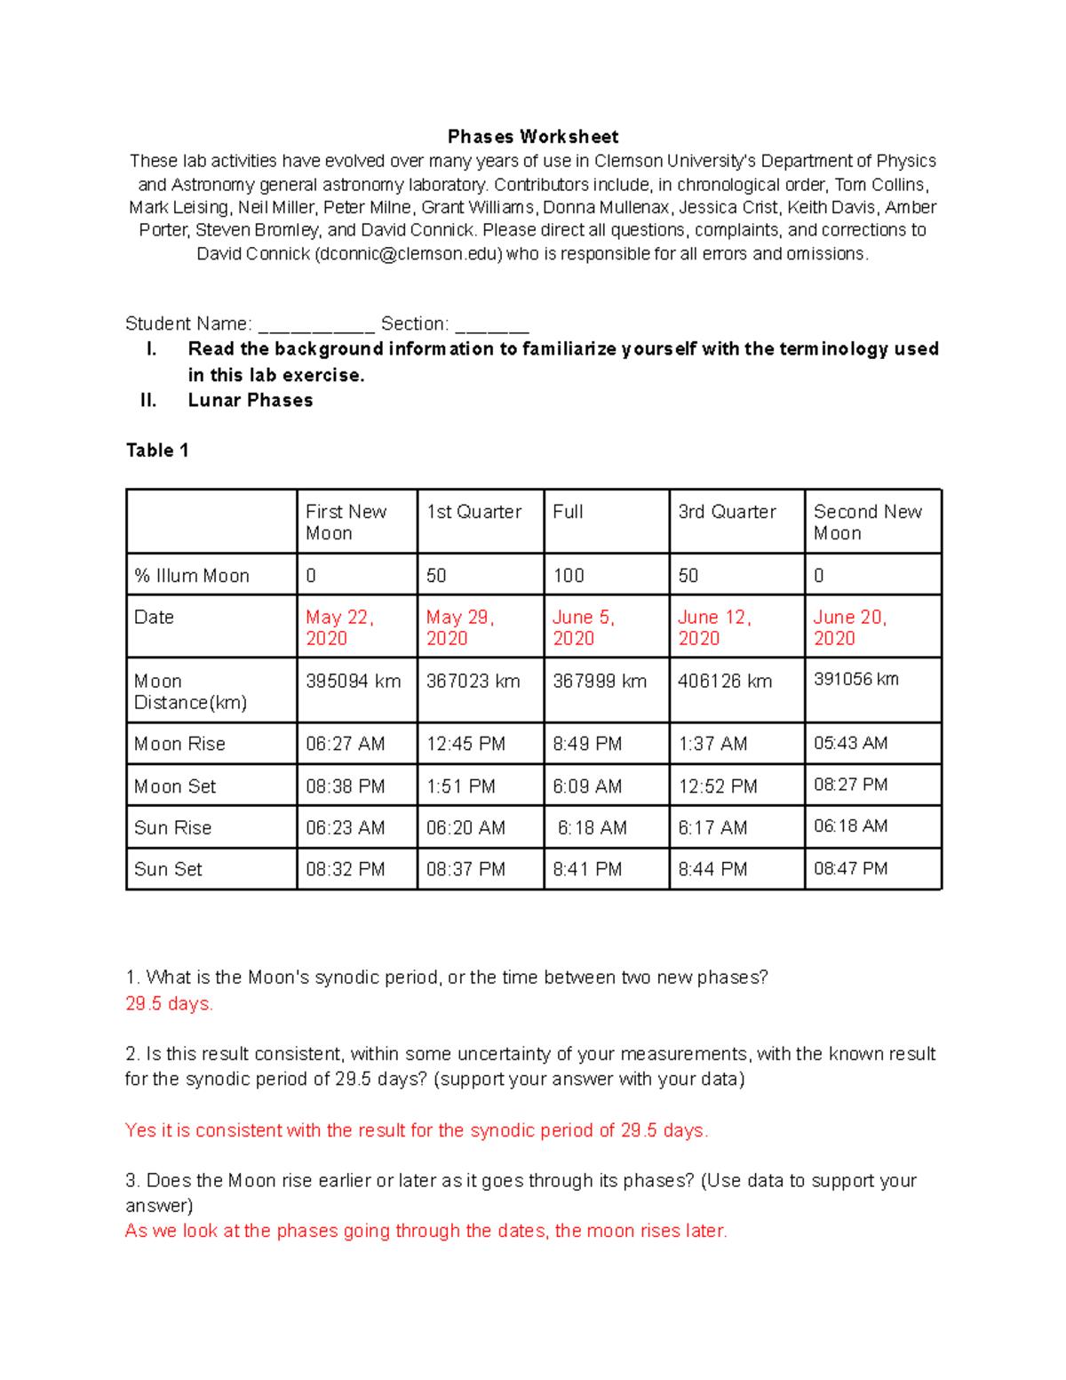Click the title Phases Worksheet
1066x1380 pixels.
point(533,137)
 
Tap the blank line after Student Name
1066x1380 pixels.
point(315,325)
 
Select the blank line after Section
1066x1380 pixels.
point(491,325)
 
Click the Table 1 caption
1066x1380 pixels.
point(157,451)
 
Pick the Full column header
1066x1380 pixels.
point(568,512)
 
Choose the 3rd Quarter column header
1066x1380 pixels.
point(727,512)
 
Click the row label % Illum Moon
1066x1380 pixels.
point(192,576)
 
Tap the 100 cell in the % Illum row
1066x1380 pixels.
point(569,576)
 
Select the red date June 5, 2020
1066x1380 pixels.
point(584,627)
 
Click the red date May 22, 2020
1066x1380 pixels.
point(339,627)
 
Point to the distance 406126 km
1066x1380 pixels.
point(725,682)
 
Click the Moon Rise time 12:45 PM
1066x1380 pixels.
point(465,744)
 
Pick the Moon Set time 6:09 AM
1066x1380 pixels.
point(587,786)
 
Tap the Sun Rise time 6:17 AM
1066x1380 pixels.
point(712,828)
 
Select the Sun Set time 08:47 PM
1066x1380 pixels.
point(850,869)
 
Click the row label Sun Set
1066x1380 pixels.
point(168,869)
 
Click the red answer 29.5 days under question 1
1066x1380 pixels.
point(169,1004)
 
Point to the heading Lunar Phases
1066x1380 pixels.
point(251,401)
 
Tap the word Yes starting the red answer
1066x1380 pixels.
point(140,1130)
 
